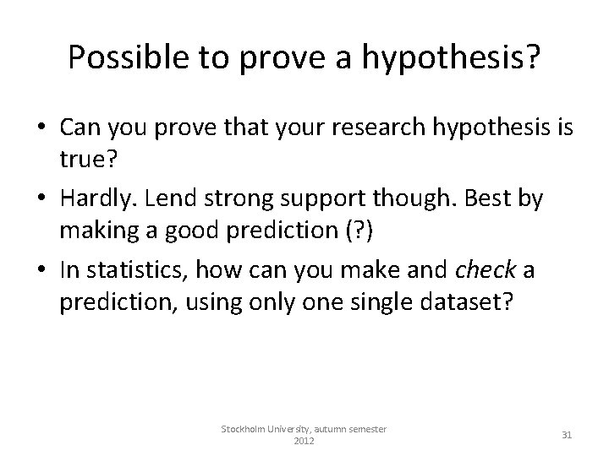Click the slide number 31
point(568,435)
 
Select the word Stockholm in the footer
point(247,429)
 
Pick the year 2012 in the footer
point(304,442)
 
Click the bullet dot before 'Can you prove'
point(41,128)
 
